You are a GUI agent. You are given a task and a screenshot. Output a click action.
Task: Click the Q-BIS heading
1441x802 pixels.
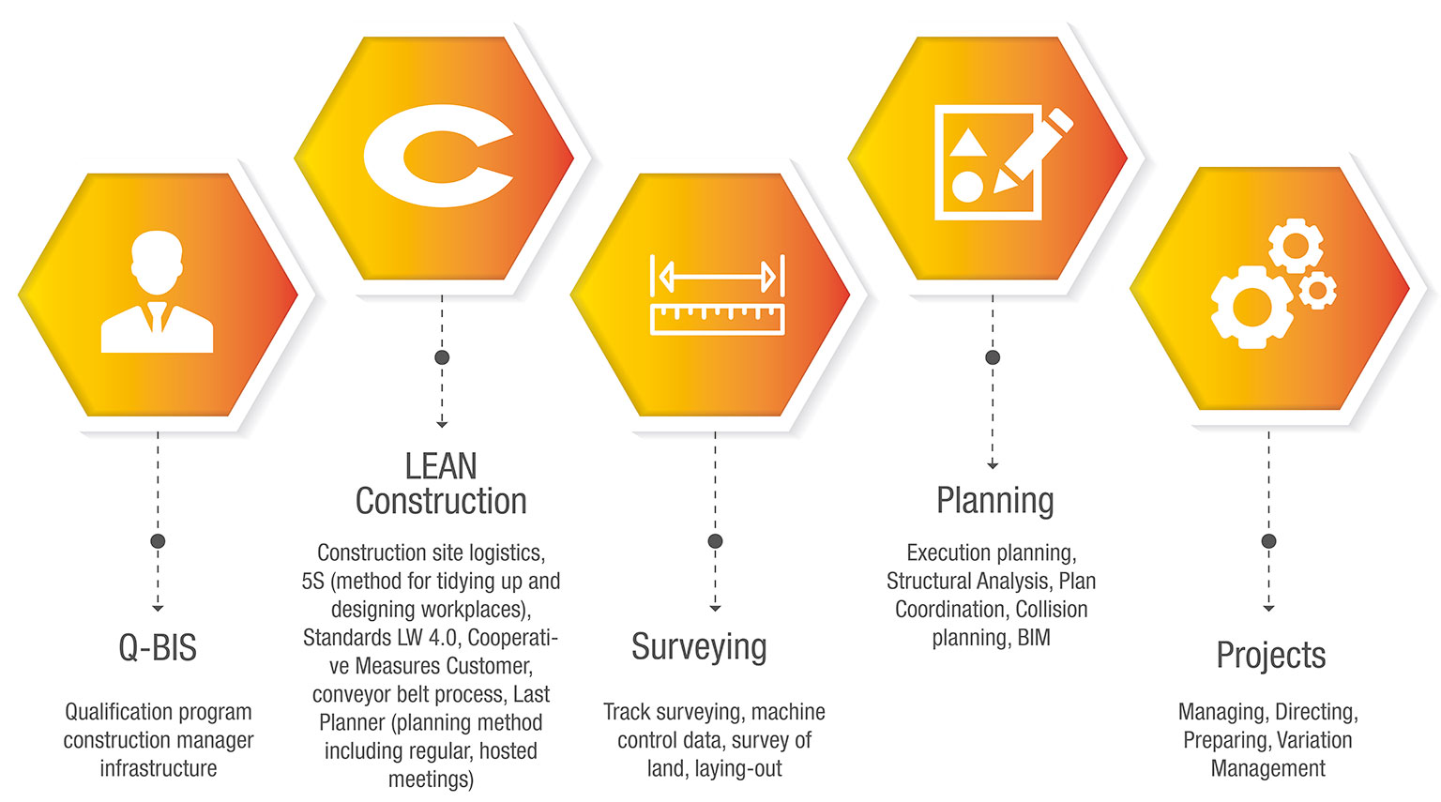point(158,648)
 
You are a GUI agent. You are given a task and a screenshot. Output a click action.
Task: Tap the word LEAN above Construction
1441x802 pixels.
point(441,466)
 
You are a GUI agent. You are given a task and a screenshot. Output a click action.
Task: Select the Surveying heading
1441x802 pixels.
point(699,647)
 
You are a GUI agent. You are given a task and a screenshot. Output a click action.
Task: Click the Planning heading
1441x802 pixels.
point(994,501)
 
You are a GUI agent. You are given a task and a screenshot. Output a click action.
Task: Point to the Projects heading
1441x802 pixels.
point(1270,655)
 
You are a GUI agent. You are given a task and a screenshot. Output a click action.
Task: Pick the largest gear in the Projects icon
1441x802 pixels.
point(1251,306)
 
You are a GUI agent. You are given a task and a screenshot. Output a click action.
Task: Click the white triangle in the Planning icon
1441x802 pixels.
point(967,144)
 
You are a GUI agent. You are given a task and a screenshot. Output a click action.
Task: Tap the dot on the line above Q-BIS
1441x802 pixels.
point(158,541)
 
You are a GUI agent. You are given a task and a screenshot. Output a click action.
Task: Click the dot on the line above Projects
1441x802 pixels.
point(1268,541)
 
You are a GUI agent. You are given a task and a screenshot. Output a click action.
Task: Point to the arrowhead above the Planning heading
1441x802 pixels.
point(993,465)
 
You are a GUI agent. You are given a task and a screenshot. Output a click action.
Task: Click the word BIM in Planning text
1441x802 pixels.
point(1034,638)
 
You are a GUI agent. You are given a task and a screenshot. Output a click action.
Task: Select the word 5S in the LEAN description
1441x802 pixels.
point(313,582)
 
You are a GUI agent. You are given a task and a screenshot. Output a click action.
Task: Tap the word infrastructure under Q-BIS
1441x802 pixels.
point(158,768)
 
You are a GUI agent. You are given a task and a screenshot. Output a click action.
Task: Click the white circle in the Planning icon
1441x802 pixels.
point(967,186)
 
